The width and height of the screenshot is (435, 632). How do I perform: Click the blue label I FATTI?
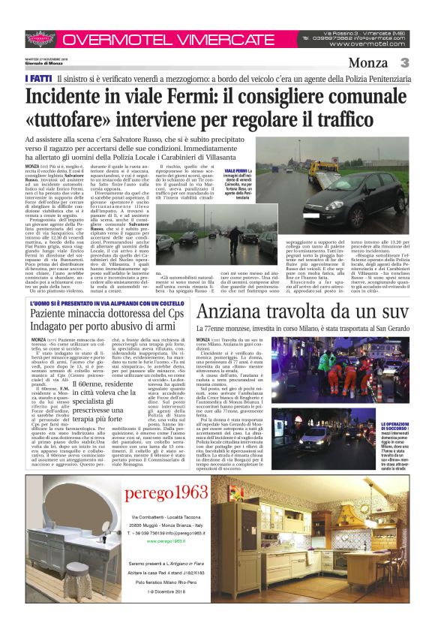pos(37,77)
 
